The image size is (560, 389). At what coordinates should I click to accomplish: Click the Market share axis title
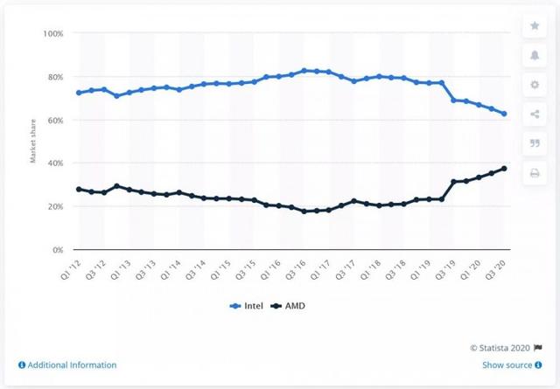click(x=34, y=142)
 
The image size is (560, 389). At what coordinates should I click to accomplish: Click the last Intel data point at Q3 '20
click(x=504, y=114)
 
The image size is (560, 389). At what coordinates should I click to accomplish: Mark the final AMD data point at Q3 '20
click(x=504, y=169)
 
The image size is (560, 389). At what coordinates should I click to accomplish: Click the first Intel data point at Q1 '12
click(x=79, y=93)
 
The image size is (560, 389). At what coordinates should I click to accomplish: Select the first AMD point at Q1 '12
click(x=79, y=189)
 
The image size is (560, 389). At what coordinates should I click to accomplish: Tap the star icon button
click(x=534, y=26)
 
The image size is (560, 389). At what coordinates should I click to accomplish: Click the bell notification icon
click(x=534, y=56)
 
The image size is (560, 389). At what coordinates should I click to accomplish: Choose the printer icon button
click(x=534, y=174)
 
